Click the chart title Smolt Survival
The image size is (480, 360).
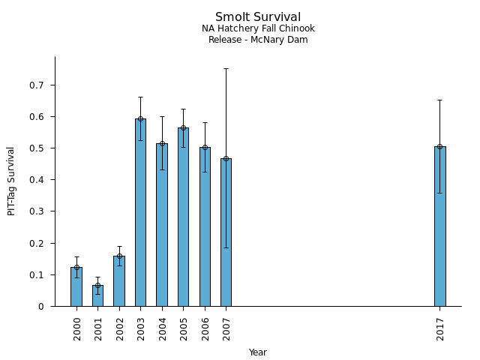258,17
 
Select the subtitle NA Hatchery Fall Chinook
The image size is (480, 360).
258,28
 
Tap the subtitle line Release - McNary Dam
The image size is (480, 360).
258,40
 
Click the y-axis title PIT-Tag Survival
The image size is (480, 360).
11,181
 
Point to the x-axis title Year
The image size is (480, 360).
258,352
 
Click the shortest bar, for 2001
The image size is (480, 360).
97,295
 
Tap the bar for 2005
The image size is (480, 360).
183,217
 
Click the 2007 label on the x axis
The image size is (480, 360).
226,328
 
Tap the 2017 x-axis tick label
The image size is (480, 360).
440,328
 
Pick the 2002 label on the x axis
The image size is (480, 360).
120,328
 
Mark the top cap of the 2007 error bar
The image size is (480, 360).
226,68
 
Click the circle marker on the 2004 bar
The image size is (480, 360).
162,143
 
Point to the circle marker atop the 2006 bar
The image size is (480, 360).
205,147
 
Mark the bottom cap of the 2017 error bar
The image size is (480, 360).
439,193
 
